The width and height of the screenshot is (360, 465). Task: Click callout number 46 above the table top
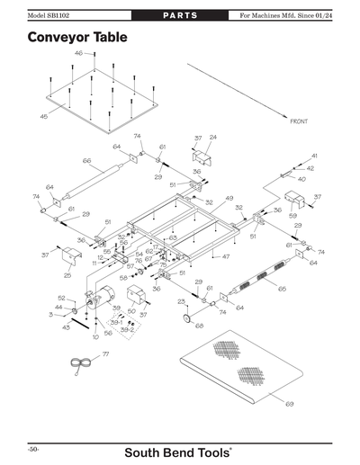coord(78,54)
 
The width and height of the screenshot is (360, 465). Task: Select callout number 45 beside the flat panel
coord(43,117)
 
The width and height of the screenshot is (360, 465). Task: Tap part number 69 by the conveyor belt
coord(289,404)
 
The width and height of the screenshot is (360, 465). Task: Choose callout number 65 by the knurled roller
coord(282,289)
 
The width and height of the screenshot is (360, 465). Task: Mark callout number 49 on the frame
coord(229,198)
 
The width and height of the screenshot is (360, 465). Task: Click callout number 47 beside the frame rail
coord(226,257)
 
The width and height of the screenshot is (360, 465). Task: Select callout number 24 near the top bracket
coord(213,138)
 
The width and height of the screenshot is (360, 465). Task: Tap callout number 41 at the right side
coord(314,156)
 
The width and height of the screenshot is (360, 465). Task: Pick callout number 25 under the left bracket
coord(67,275)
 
